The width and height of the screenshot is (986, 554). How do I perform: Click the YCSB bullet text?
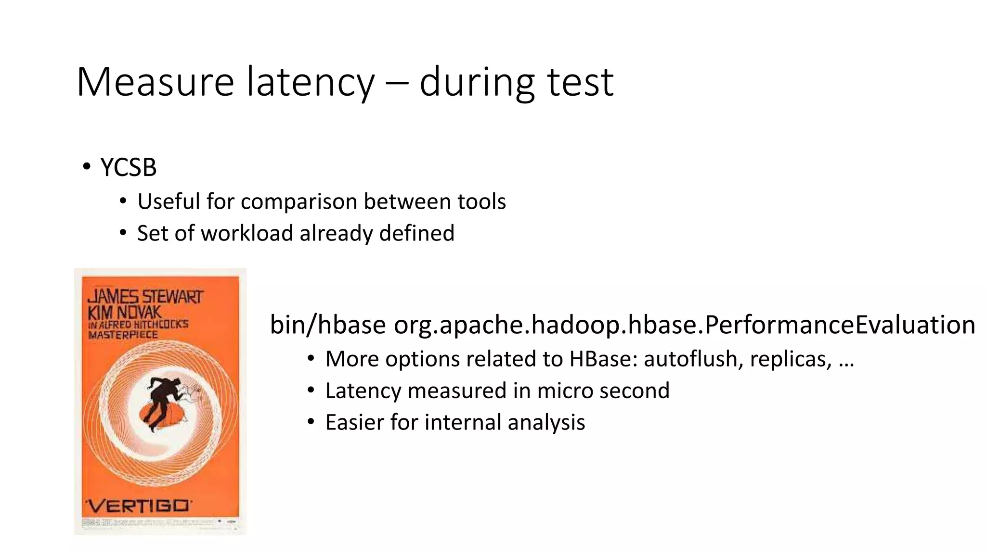pyautogui.click(x=128, y=167)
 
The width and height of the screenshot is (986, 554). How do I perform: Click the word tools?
pyautogui.click(x=481, y=201)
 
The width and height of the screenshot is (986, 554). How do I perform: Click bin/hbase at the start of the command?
pyautogui.click(x=327, y=325)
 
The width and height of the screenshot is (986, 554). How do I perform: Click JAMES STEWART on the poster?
pyautogui.click(x=145, y=296)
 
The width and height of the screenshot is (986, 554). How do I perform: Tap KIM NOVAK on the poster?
pyautogui.click(x=124, y=313)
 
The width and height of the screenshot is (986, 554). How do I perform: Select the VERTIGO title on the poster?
pyautogui.click(x=138, y=506)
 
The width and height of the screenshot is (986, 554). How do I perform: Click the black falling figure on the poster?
pyautogui.click(x=164, y=402)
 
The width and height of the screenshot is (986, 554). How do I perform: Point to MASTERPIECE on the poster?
pyautogui.click(x=123, y=335)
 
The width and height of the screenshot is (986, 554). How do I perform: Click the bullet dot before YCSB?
pyautogui.click(x=86, y=167)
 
